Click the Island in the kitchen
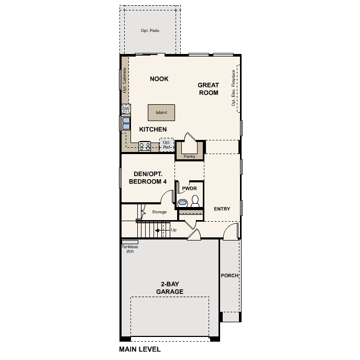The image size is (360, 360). click(161, 112)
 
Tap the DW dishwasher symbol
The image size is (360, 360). click(126, 108)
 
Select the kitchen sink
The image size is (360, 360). click(126, 123)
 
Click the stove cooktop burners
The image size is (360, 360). click(145, 146)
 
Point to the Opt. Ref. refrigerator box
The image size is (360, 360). click(167, 145)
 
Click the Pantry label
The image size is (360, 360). click(189, 156)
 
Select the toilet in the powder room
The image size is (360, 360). click(195, 200)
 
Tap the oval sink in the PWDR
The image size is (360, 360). click(183, 202)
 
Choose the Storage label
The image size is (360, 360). click(159, 212)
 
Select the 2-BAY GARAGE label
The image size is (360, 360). click(169, 288)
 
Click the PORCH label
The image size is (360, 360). click(230, 276)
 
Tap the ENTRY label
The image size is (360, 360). click(222, 209)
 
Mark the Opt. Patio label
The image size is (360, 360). click(150, 31)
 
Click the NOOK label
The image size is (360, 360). click(159, 79)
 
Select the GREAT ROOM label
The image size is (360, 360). click(208, 89)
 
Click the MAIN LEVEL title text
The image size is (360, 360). click(140, 349)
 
